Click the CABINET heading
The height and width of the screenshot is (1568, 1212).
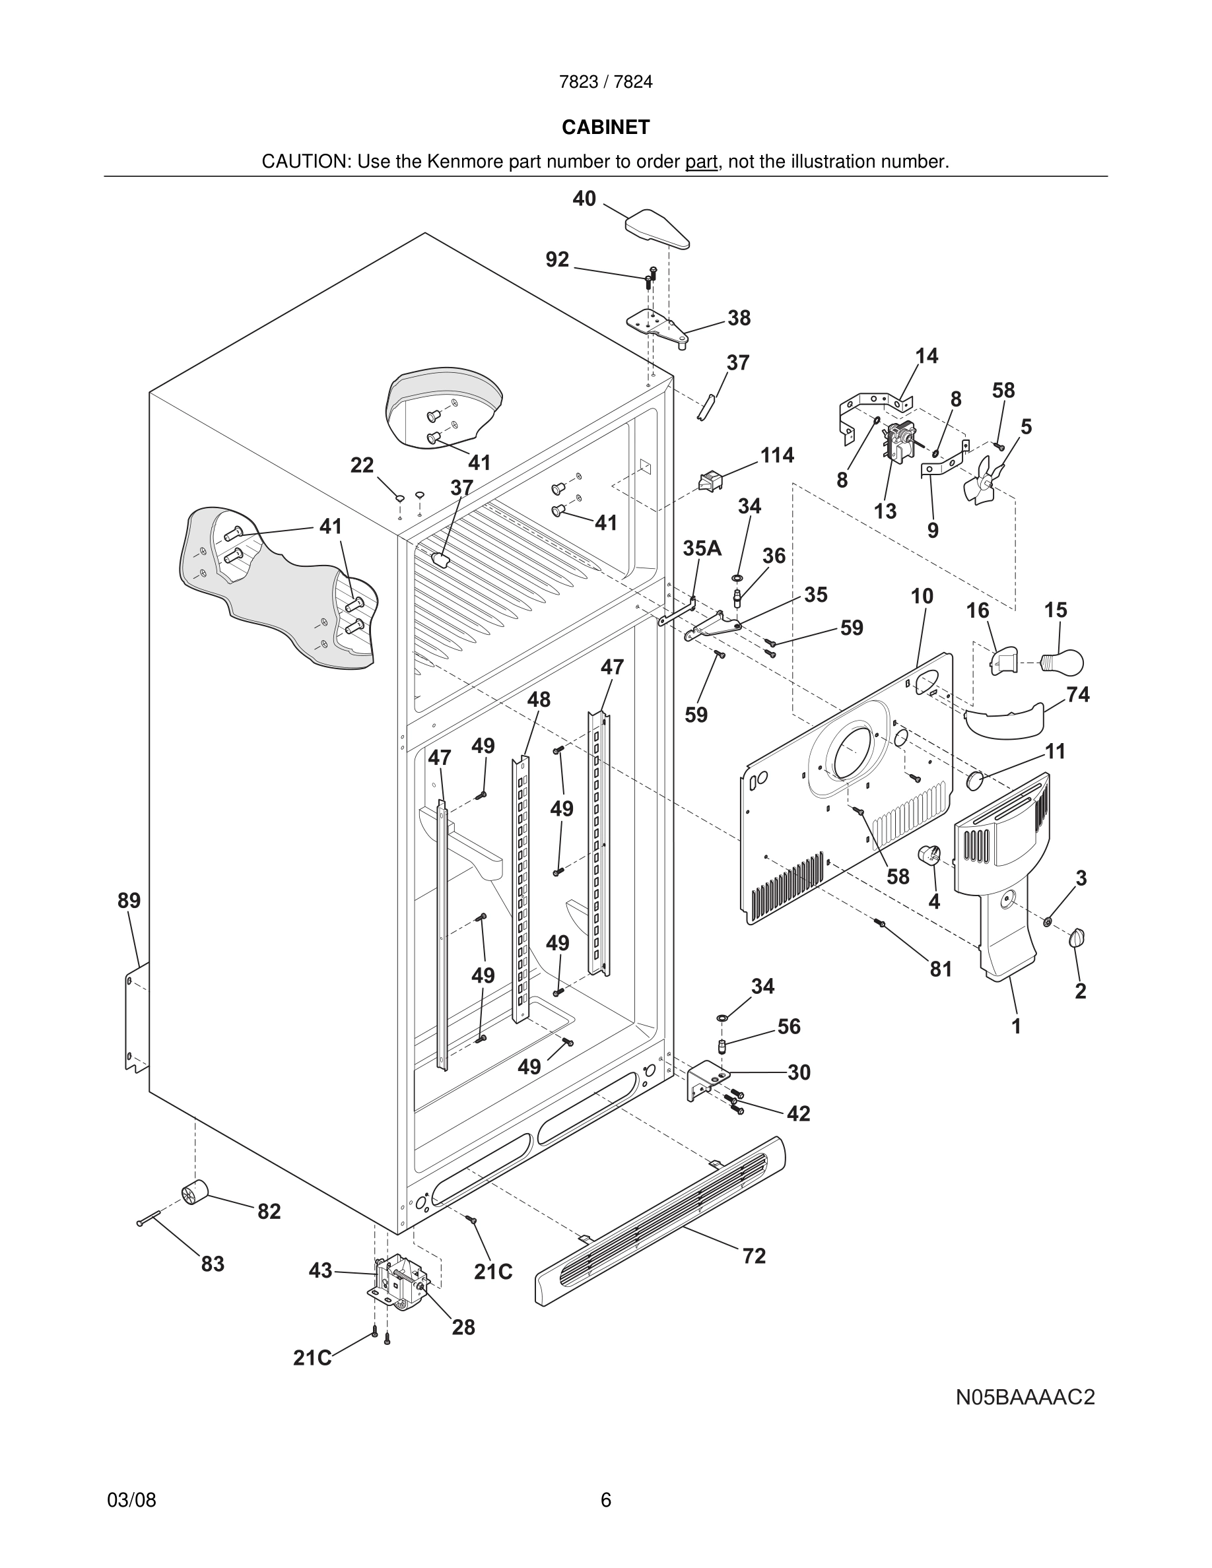point(605,127)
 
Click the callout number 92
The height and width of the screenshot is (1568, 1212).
point(557,260)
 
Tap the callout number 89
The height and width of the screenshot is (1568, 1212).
point(129,900)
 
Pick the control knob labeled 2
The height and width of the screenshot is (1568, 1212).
point(1077,938)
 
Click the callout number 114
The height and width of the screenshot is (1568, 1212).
point(777,455)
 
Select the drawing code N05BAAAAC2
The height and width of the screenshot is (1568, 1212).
point(1025,1397)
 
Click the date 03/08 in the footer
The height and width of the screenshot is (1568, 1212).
point(131,1500)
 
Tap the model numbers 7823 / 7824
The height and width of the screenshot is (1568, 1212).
point(605,82)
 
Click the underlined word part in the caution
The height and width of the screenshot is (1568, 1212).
point(701,162)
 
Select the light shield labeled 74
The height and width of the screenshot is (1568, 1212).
point(1004,720)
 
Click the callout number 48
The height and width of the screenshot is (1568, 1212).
point(539,700)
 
